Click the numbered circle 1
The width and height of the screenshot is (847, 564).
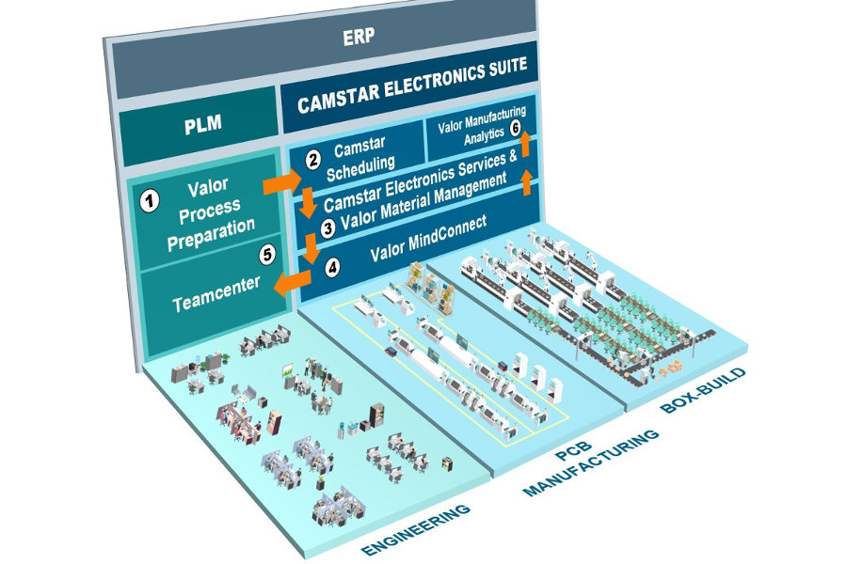click(147, 199)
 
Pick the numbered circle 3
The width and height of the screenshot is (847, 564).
click(328, 227)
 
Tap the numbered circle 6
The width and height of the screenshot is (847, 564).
click(515, 129)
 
